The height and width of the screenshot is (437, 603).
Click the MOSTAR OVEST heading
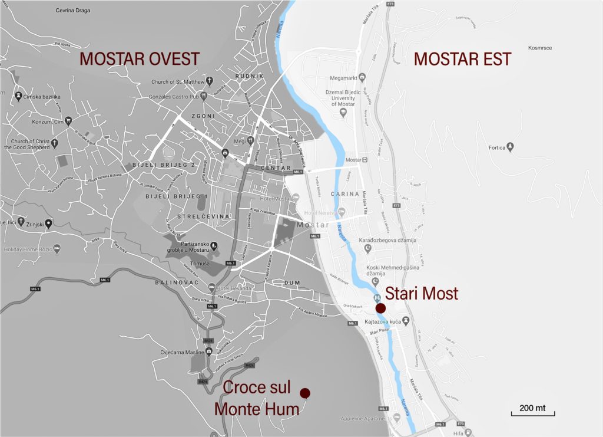[x=140, y=59]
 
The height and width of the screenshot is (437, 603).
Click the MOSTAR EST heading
[x=462, y=59]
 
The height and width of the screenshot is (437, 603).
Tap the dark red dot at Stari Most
[x=380, y=308]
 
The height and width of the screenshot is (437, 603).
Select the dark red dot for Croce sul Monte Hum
[x=305, y=393]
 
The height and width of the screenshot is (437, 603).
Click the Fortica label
[x=498, y=147]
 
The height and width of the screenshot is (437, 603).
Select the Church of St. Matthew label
[x=177, y=82]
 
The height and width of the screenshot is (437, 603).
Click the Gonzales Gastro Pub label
[x=172, y=95]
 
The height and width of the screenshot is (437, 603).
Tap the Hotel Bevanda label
[x=234, y=288]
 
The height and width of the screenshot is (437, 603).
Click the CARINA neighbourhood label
[x=344, y=193]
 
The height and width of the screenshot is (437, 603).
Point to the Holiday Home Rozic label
[x=28, y=249]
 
